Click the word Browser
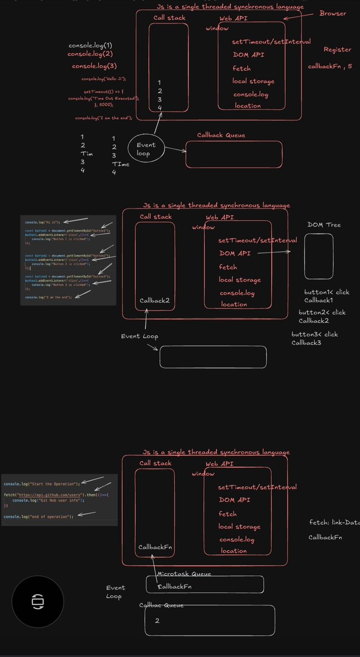[333, 13]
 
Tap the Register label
[337, 49]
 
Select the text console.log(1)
[90, 45]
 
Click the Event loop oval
[146, 149]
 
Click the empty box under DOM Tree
[318, 256]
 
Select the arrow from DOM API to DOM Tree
[272, 253]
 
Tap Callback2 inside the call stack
[155, 300]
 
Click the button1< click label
[327, 292]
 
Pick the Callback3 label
[306, 342]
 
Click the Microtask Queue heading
[184, 574]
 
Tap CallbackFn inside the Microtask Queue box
[175, 586]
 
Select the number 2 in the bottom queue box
[157, 620]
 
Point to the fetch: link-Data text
[334, 523]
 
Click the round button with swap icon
[38, 601]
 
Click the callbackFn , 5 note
[330, 66]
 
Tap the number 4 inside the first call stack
[159, 108]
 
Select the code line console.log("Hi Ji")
[43, 223]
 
